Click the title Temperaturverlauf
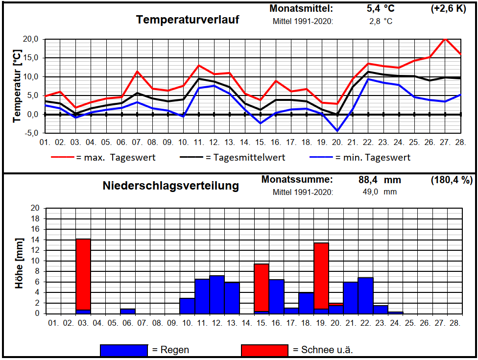pyautogui.click(x=188, y=20)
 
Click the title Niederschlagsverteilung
pyautogui.click(x=171, y=186)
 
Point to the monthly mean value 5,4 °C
pyautogui.click(x=380, y=8)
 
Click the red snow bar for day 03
pyautogui.click(x=83, y=274)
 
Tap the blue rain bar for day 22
pyautogui.click(x=365, y=295)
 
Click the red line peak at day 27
pyautogui.click(x=445, y=39)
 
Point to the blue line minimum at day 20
pyautogui.click(x=337, y=131)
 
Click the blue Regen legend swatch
pyautogui.click(x=123, y=350)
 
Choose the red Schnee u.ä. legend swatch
pyautogui.click(x=264, y=350)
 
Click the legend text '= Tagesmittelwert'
pyautogui.click(x=245, y=157)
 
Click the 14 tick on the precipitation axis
pyautogui.click(x=35, y=240)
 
